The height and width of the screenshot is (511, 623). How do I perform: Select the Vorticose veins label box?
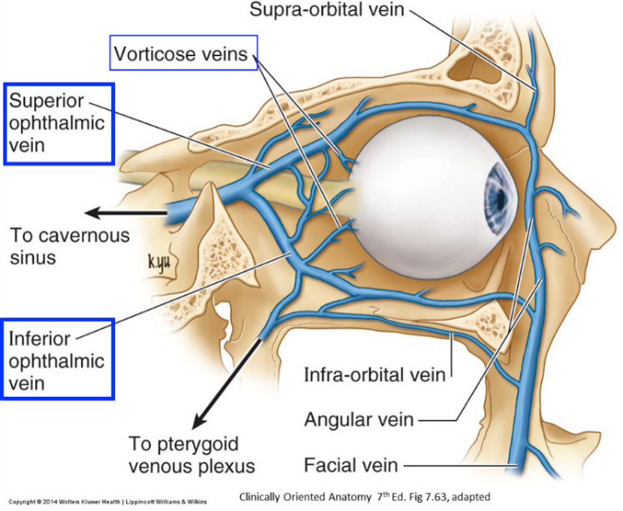181,53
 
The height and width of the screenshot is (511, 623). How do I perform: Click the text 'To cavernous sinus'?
70,246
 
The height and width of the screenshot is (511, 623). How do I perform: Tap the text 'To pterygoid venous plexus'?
191,453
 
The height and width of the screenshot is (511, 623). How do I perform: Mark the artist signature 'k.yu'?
161,263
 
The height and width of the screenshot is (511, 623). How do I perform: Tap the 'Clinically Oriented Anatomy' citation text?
364,498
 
